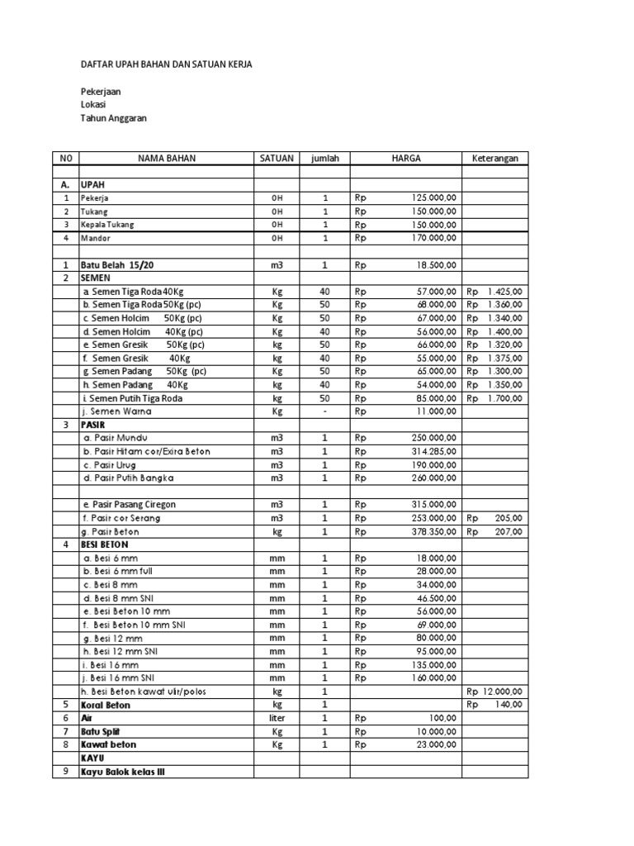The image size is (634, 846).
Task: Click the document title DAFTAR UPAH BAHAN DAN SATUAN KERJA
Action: click(x=165, y=64)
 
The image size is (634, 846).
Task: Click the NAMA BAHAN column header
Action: click(x=167, y=159)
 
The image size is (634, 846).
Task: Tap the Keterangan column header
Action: click(x=494, y=159)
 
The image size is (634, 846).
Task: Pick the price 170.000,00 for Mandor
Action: click(x=433, y=238)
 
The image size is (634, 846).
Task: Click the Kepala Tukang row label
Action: click(x=106, y=225)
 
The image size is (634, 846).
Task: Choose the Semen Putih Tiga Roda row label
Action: click(x=132, y=398)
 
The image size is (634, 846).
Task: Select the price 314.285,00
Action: click(x=433, y=452)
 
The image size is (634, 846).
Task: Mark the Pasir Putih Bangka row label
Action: click(x=128, y=478)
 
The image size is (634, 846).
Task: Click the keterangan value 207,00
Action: click(x=509, y=532)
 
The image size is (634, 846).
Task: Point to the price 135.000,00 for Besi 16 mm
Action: click(x=433, y=664)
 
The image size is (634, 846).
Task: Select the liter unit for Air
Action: click(x=277, y=719)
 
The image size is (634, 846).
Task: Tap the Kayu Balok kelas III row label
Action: click(x=130, y=772)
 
